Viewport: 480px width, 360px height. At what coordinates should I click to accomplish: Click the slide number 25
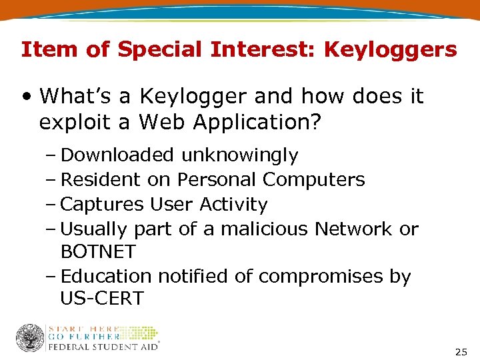pos(461,352)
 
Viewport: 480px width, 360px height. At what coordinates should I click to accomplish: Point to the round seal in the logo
pos(30,338)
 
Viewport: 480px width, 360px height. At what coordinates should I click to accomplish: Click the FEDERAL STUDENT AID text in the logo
pos(102,347)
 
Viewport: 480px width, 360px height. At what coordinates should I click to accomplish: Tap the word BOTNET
pos(98,252)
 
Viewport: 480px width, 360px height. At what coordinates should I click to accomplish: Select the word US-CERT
pos(101,299)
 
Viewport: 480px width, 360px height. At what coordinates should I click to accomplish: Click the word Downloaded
pos(117,155)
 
